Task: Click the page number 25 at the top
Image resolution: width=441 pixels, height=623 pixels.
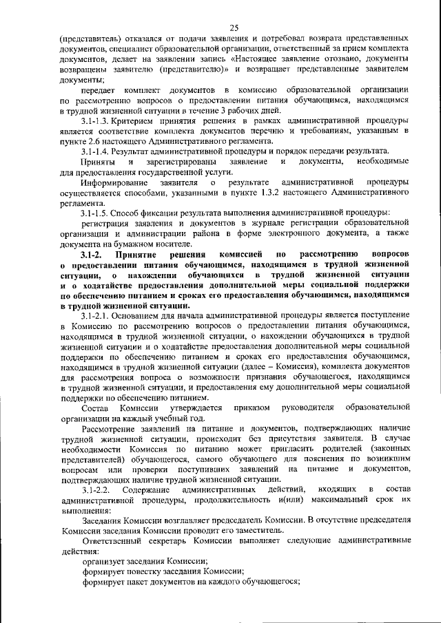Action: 234,28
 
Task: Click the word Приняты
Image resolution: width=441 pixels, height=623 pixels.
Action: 96,161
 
